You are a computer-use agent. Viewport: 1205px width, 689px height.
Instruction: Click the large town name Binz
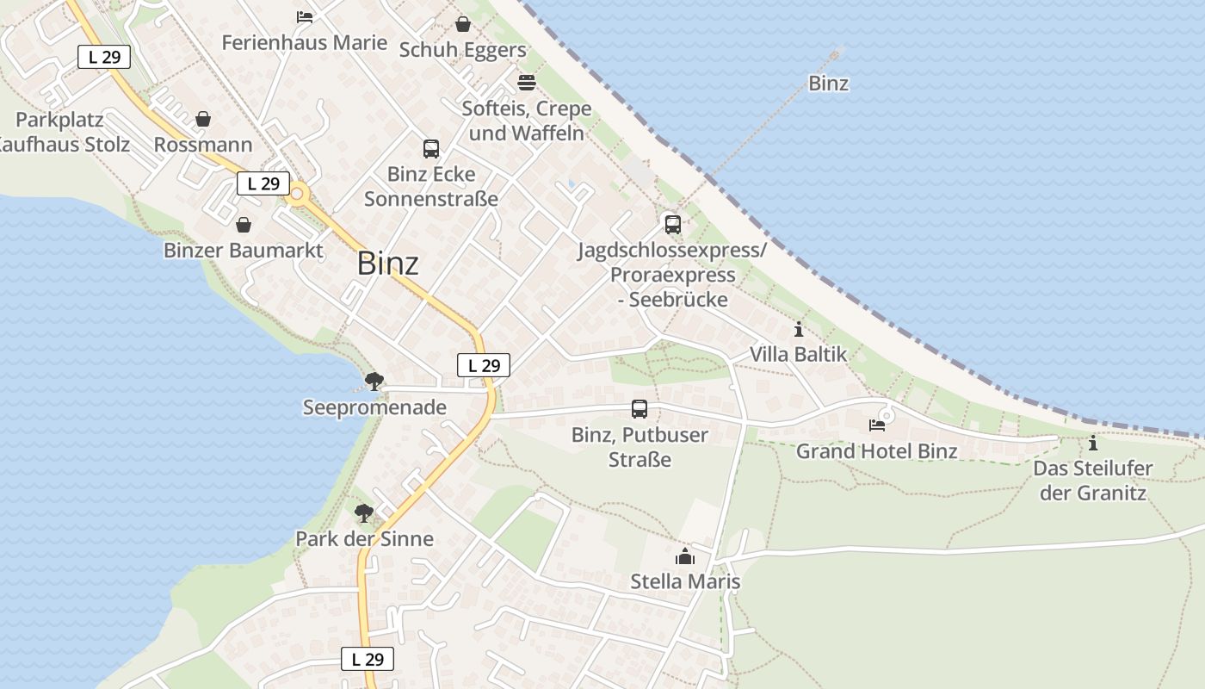click(x=388, y=264)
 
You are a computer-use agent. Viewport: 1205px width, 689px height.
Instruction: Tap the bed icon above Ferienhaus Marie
click(x=304, y=16)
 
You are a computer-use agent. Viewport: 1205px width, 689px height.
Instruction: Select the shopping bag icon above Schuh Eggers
click(x=463, y=24)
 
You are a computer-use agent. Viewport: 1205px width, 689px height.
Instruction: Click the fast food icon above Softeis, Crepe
click(x=527, y=83)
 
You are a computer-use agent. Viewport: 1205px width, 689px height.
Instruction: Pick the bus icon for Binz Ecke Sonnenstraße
click(x=431, y=149)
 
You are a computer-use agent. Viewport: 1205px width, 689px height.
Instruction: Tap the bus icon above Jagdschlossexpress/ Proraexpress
click(x=673, y=225)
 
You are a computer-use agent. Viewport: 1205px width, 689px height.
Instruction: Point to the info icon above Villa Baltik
click(x=799, y=329)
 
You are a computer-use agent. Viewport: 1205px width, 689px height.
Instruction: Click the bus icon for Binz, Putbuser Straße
click(x=639, y=409)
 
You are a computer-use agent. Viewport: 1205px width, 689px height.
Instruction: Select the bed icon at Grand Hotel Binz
click(x=877, y=425)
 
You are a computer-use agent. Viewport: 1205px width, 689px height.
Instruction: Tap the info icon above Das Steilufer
click(x=1093, y=444)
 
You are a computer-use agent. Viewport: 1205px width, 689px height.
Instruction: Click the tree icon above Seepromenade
click(x=374, y=381)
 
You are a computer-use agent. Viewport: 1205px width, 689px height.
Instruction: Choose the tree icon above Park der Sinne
click(x=364, y=513)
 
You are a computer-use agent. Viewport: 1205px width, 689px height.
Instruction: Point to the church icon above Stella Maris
click(x=685, y=556)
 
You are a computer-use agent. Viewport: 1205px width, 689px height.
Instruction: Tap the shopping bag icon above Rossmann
click(x=203, y=119)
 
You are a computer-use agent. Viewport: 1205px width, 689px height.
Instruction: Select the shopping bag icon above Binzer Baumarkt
click(x=244, y=225)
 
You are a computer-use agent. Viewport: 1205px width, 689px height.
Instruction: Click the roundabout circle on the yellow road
click(x=298, y=194)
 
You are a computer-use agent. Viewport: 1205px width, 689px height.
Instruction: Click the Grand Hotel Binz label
click(x=876, y=451)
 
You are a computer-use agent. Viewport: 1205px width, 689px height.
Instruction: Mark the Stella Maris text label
click(x=685, y=581)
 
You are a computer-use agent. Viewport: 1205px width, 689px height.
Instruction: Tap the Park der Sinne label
click(x=364, y=539)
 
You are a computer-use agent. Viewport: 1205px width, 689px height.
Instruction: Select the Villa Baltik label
click(x=798, y=354)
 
